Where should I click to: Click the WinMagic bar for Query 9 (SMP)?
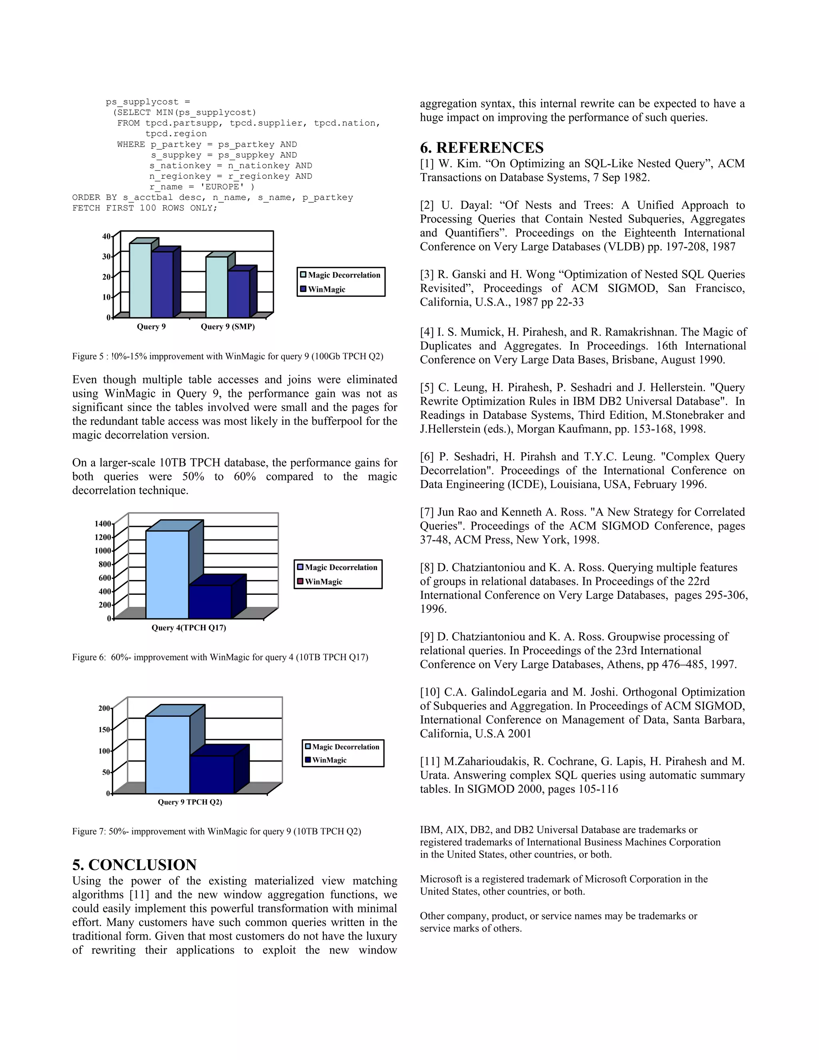(x=239, y=294)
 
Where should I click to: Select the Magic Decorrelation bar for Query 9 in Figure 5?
(x=140, y=280)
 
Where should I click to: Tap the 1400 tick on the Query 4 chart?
(x=103, y=524)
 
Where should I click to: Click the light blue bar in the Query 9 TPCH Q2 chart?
(x=168, y=755)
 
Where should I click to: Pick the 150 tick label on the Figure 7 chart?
(x=104, y=730)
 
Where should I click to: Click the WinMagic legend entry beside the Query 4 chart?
(x=323, y=582)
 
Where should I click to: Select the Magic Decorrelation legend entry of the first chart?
(x=344, y=275)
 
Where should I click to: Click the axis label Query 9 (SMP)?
(x=228, y=327)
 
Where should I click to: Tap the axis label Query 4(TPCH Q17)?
(x=189, y=628)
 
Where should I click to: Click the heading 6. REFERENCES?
(x=481, y=148)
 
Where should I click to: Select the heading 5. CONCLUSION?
(x=134, y=864)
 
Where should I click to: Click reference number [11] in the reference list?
(x=430, y=762)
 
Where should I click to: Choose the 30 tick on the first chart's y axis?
(x=106, y=256)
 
